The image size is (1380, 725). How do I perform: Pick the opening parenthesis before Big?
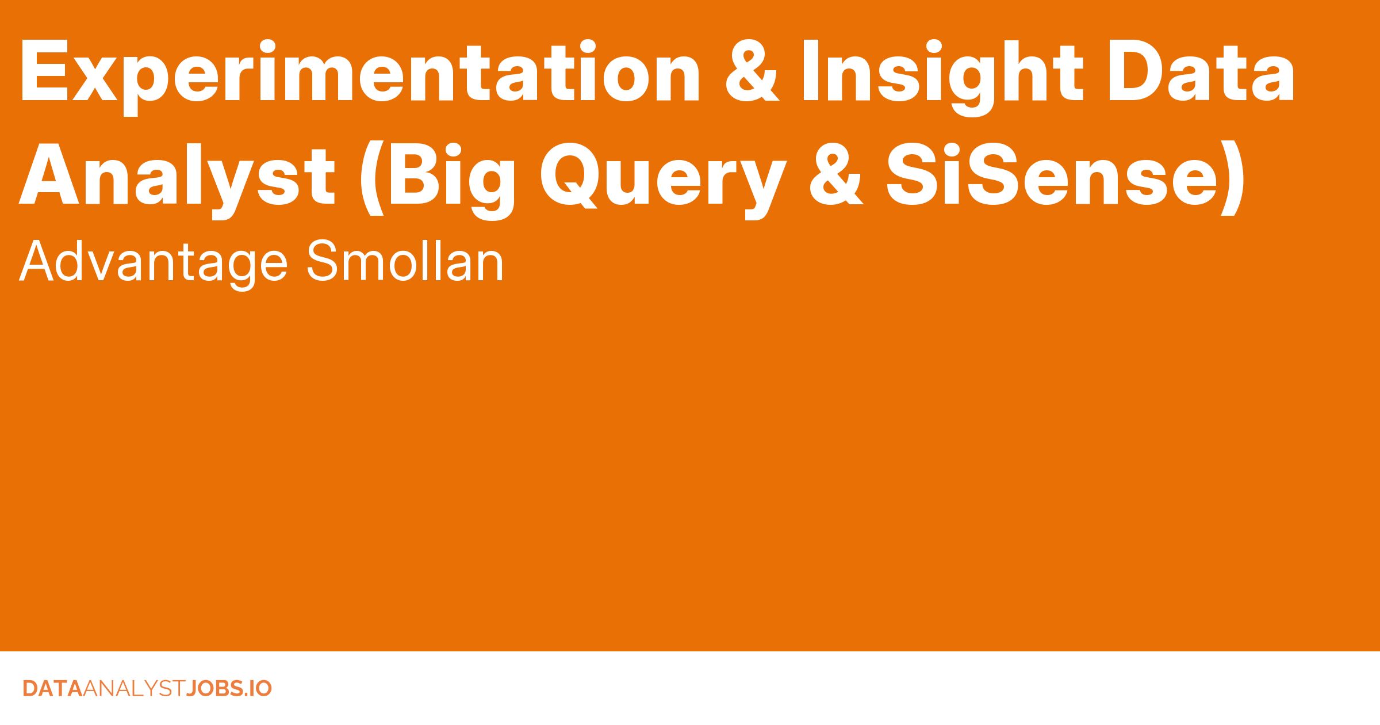coord(371,179)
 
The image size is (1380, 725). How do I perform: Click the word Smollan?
coord(405,261)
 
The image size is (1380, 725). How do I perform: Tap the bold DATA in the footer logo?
coord(52,689)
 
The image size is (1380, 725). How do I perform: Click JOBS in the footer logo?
coord(212,689)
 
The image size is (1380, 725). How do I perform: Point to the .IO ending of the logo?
coord(255,689)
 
